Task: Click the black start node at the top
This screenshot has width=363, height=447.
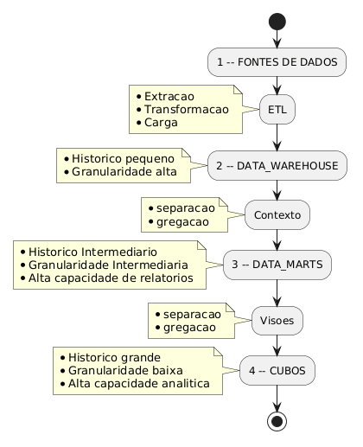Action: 277,18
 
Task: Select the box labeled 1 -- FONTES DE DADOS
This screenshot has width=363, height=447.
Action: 277,61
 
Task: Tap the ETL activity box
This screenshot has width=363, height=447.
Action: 277,110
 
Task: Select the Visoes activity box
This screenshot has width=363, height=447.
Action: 277,321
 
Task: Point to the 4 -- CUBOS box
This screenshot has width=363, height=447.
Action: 277,370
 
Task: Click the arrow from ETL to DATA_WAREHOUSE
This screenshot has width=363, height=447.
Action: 277,137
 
